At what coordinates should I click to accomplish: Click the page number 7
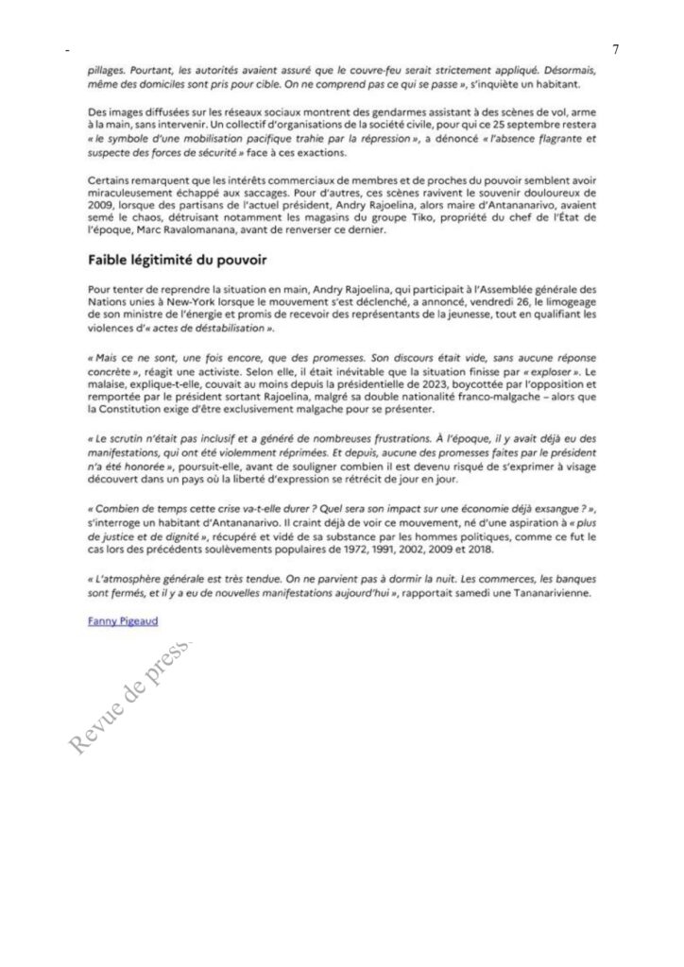(x=615, y=49)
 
